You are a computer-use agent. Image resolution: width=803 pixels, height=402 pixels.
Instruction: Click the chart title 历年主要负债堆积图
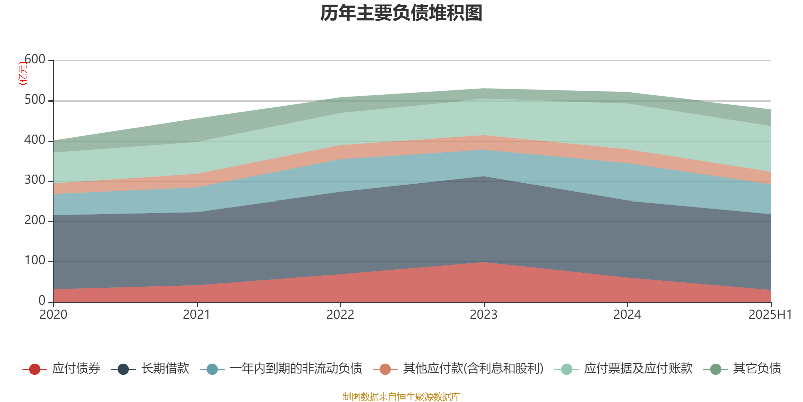[401, 13]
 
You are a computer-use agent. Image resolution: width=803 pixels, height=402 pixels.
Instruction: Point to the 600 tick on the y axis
[35, 60]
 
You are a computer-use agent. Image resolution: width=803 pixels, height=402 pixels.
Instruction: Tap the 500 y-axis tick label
[35, 100]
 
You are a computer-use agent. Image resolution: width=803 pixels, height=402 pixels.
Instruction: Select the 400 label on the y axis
[35, 140]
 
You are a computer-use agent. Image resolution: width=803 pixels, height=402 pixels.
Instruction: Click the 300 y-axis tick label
[35, 180]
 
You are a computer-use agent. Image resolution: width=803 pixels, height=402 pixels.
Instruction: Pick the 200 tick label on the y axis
[35, 221]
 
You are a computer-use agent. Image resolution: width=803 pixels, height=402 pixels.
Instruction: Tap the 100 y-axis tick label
[35, 261]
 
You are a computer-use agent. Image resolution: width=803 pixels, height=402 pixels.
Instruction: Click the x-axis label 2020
[53, 315]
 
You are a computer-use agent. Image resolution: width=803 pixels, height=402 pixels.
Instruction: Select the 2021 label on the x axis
[197, 315]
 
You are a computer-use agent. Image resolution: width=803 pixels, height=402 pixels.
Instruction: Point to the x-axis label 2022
[340, 315]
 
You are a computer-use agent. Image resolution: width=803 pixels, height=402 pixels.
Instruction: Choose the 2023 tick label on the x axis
[484, 315]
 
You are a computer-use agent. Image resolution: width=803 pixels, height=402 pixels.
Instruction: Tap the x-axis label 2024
[627, 315]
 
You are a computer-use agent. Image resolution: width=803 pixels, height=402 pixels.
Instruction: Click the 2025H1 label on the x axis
[770, 315]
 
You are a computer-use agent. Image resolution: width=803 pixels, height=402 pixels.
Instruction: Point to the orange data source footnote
[401, 397]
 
